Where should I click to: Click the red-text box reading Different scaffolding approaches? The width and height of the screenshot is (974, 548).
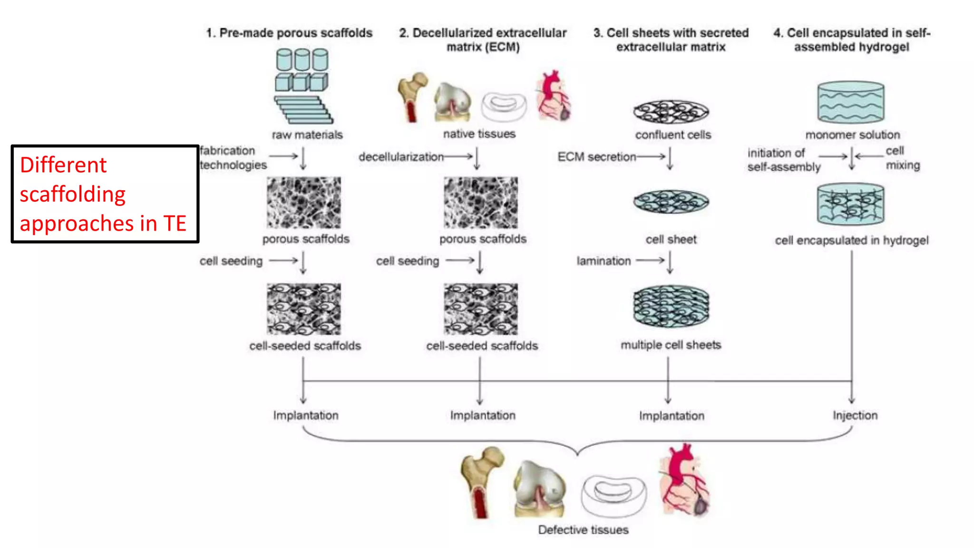(x=105, y=194)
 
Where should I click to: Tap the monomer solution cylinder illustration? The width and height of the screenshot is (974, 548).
(x=851, y=102)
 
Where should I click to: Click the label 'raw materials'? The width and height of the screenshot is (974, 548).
(x=307, y=135)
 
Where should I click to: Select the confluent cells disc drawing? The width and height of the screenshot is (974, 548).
(x=671, y=112)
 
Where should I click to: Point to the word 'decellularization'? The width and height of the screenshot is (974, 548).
(x=401, y=157)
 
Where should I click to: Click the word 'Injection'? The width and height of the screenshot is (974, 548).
(x=855, y=415)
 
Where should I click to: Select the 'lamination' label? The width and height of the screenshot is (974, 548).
(x=604, y=261)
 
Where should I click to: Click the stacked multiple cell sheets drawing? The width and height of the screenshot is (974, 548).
(x=671, y=306)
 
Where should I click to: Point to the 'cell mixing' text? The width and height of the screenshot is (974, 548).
(x=902, y=158)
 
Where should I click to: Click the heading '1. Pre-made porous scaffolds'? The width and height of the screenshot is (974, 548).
(x=289, y=33)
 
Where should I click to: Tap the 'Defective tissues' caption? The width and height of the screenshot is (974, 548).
(x=583, y=530)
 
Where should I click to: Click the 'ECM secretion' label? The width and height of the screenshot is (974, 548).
(x=596, y=157)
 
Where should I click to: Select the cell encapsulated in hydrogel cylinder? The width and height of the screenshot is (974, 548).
(x=851, y=205)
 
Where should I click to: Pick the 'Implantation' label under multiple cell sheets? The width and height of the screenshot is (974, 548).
(x=672, y=416)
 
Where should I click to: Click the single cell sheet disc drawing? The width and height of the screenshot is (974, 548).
(x=671, y=202)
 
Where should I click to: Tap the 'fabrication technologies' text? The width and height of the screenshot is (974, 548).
(x=233, y=158)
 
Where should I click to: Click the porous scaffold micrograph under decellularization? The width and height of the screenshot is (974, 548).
(x=481, y=203)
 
